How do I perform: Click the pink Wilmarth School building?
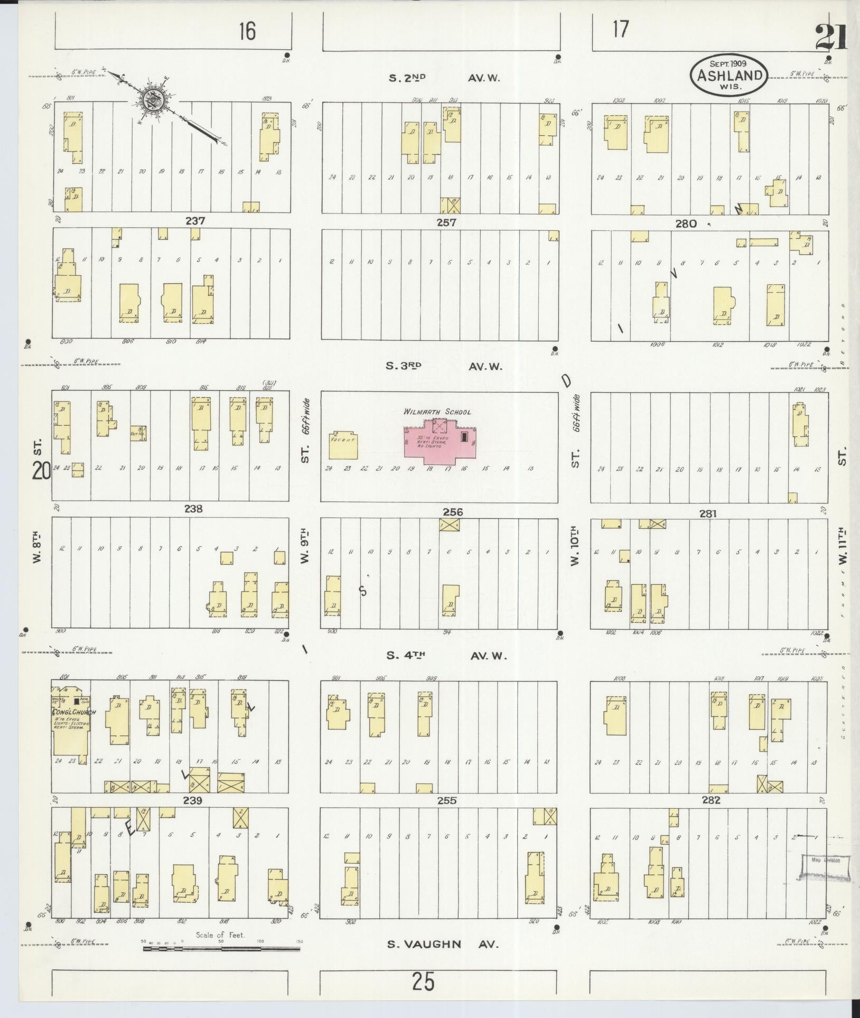click(x=440, y=441)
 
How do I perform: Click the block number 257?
click(x=446, y=222)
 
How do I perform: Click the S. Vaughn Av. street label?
click(x=443, y=945)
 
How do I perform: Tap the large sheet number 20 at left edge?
click(x=41, y=470)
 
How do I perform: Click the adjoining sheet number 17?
click(x=621, y=29)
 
